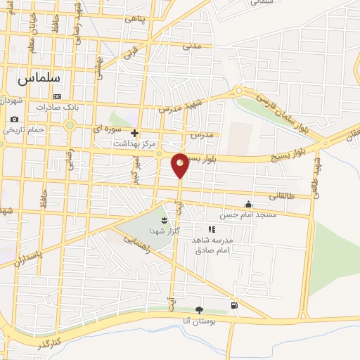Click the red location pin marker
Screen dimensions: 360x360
[x=180, y=165]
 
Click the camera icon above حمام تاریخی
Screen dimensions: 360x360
[x=14, y=119]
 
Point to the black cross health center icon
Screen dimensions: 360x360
[x=134, y=132]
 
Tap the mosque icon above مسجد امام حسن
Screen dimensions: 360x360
[x=247, y=205]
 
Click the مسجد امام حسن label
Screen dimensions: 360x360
[x=248, y=214]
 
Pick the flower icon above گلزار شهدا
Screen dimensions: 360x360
[x=164, y=221]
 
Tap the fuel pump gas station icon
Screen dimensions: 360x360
[x=233, y=306]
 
